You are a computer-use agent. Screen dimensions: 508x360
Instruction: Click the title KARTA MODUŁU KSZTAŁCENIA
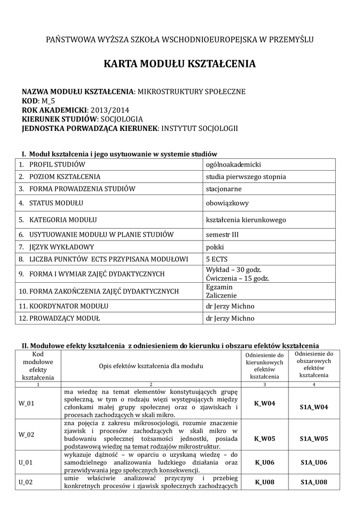click(x=180, y=64)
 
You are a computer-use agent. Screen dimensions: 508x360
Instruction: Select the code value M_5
click(x=47, y=101)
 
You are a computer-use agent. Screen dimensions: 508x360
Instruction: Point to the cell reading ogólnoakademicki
click(x=233, y=165)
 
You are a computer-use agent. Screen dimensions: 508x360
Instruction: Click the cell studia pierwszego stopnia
click(x=246, y=177)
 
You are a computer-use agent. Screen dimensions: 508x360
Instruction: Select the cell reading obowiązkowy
click(x=227, y=203)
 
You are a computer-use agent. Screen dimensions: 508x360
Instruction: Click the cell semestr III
click(x=222, y=234)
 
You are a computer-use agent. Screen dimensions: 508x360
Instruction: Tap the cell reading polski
click(x=215, y=247)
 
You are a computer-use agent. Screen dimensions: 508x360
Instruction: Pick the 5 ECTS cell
click(x=216, y=259)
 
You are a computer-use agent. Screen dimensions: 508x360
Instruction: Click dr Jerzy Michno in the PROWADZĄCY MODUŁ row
click(x=230, y=318)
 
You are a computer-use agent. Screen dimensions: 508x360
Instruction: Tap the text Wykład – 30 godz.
click(x=233, y=270)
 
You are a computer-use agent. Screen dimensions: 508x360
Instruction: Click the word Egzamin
click(x=219, y=287)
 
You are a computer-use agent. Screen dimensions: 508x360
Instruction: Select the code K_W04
click(x=264, y=403)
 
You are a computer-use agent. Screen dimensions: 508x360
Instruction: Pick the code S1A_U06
click(x=314, y=462)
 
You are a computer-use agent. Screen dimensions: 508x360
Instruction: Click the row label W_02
click(x=26, y=435)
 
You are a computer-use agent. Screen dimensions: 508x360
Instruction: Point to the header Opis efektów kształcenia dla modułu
click(x=151, y=366)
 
